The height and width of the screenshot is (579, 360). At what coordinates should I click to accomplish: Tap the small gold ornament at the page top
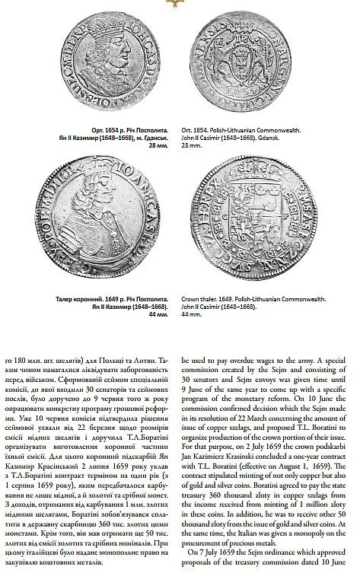180,4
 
